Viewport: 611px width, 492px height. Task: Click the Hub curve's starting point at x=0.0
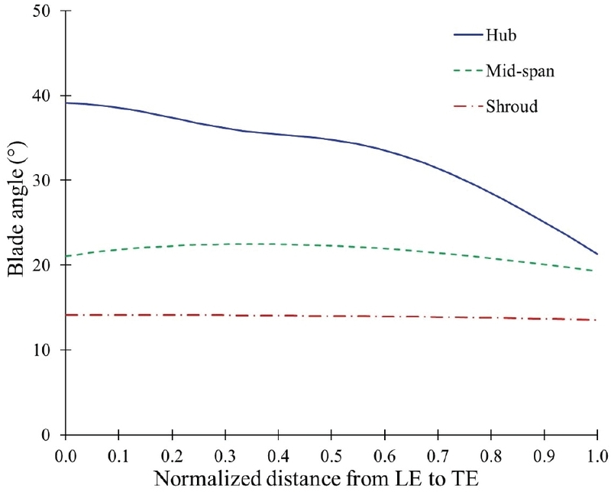click(x=66, y=103)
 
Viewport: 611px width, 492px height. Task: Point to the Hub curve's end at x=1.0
click(x=596, y=254)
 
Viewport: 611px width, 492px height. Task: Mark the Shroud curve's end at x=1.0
click(x=596, y=319)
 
